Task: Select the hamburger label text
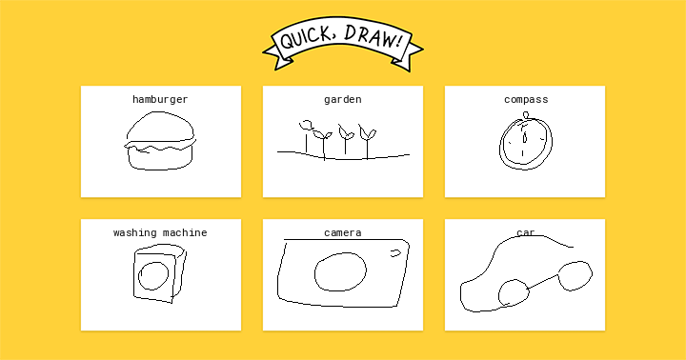[160, 100]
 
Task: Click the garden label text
[343, 100]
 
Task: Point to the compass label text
[526, 100]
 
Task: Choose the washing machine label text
[160, 232]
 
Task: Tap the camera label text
[343, 232]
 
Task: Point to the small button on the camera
[395, 253]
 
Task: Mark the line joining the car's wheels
[544, 281]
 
